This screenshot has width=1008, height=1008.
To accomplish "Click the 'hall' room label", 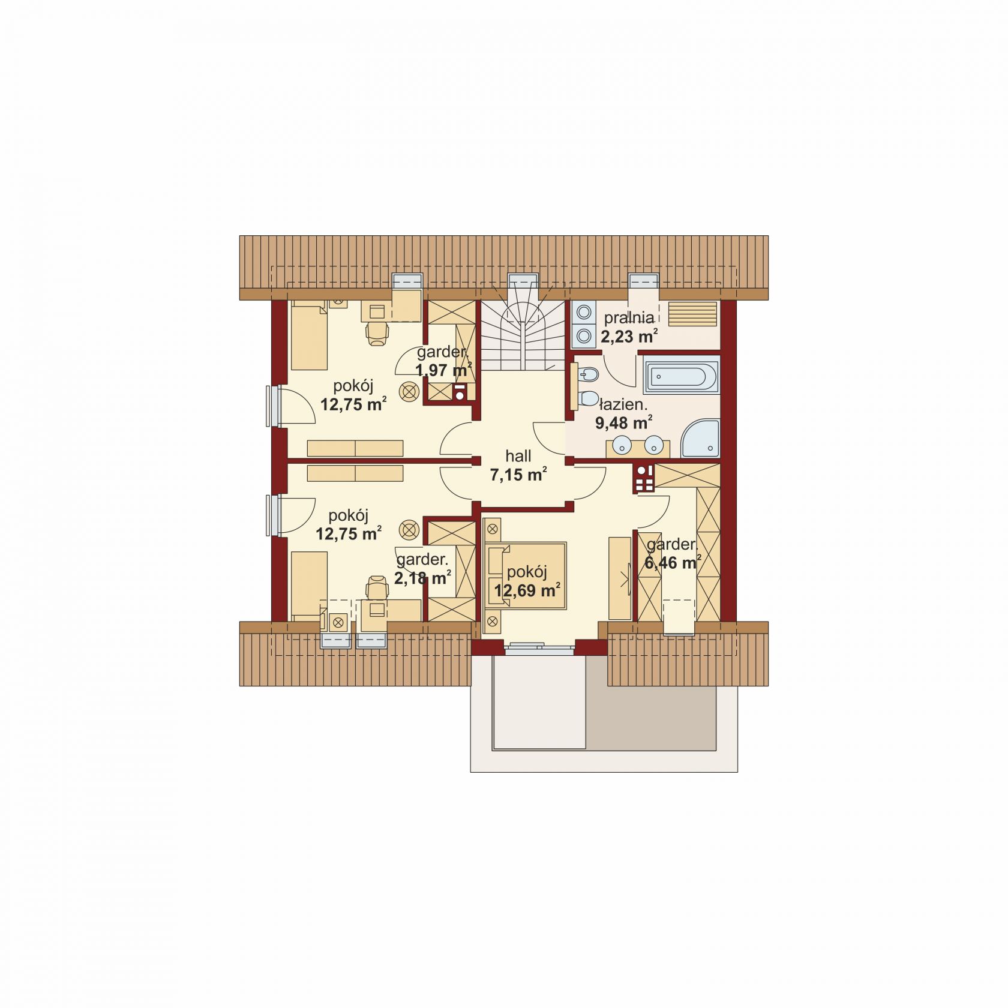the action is (x=518, y=456).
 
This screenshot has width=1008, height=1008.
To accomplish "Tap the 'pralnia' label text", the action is (x=628, y=318).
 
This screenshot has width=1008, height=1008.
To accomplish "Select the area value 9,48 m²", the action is (x=623, y=422).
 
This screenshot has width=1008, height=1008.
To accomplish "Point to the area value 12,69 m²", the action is (x=527, y=590).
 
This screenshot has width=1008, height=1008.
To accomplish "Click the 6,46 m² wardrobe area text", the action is (x=673, y=563).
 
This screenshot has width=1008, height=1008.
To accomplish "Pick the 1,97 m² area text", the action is (x=443, y=370).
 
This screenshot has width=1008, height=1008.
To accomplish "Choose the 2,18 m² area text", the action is (x=422, y=578).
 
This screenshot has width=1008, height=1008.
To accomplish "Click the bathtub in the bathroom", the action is (x=681, y=376).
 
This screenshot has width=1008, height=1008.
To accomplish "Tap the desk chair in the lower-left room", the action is (x=377, y=587).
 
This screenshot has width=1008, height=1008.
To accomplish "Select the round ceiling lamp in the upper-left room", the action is (x=410, y=391).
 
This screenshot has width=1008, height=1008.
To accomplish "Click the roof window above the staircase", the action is (x=523, y=281).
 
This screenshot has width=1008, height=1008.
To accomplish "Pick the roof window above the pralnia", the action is (x=644, y=281).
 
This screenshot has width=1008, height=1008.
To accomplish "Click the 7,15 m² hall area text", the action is (x=518, y=475).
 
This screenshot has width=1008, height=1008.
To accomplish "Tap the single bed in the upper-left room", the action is (x=309, y=335).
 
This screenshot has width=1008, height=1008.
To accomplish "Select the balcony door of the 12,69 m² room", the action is (x=539, y=647).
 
